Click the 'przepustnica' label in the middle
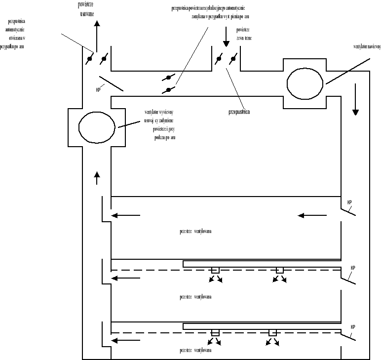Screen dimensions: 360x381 coord(239,112)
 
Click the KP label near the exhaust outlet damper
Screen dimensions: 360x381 coord(98,90)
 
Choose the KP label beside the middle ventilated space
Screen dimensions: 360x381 coord(352,268)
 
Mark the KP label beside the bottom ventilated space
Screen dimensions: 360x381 coord(352,327)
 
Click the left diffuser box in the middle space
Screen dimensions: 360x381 coord(215,270)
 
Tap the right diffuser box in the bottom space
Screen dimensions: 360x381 coord(272,332)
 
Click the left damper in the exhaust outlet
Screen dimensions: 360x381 coord(90,60)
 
